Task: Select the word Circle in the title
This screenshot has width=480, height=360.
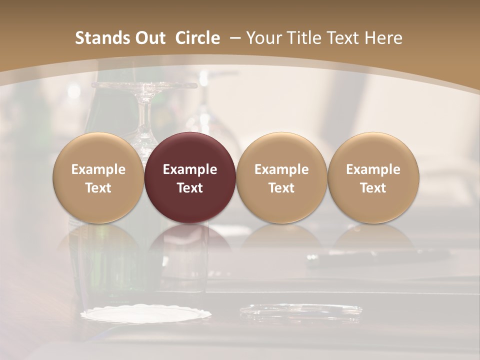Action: [197, 38]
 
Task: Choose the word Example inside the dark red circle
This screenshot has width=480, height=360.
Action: [190, 169]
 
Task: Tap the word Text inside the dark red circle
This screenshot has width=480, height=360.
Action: [190, 188]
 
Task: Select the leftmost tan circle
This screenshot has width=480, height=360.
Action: [98, 150]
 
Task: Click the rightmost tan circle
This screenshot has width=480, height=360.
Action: [373, 150]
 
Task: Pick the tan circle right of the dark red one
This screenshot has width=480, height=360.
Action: [281, 150]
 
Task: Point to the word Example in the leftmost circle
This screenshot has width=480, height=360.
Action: [98, 169]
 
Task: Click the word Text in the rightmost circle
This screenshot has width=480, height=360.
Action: [373, 188]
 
